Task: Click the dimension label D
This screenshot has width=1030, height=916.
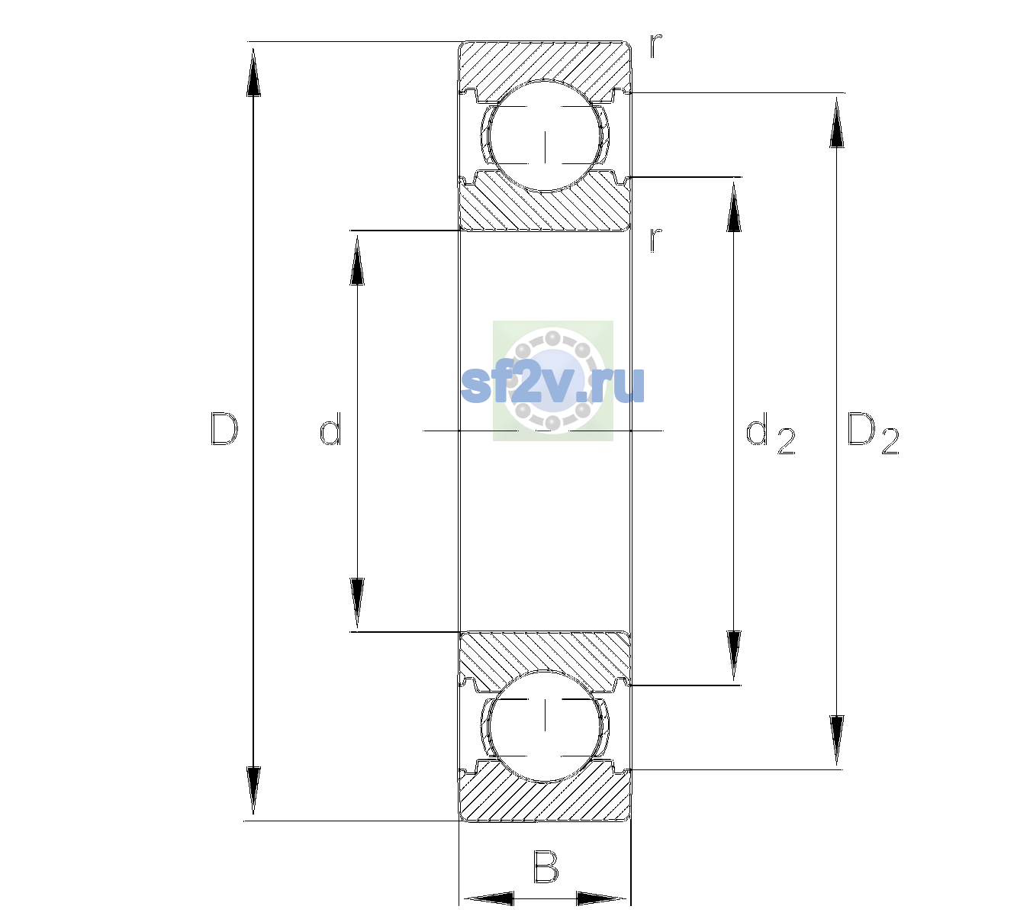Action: [x=224, y=429]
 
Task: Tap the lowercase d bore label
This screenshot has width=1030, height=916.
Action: [x=330, y=429]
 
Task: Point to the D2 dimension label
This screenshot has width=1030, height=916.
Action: [x=873, y=434]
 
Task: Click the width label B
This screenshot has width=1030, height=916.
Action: [x=545, y=866]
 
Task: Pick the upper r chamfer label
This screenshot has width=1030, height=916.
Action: [x=656, y=46]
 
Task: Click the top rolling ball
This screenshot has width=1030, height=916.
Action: [x=545, y=135]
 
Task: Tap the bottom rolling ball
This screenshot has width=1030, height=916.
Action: [x=545, y=725]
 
